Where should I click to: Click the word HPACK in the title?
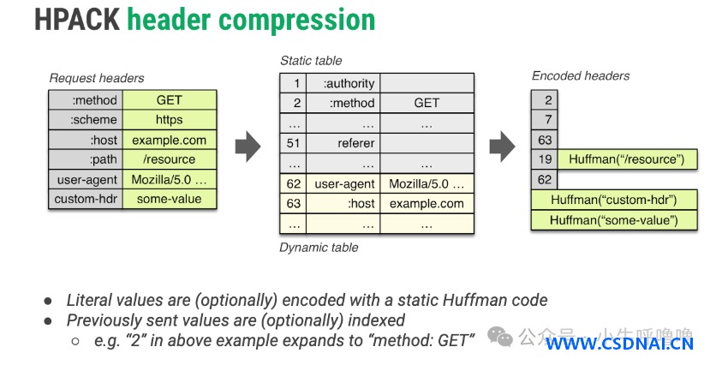click(77, 20)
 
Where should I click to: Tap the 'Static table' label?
click(311, 61)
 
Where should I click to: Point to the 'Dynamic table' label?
click(319, 248)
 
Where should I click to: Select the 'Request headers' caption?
click(97, 78)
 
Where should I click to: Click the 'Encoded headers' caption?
click(581, 76)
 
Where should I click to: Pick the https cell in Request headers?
click(170, 120)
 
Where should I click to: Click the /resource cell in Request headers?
click(170, 159)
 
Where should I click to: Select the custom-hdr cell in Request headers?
click(86, 199)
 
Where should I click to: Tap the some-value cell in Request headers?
click(170, 199)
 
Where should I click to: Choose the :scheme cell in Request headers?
click(86, 120)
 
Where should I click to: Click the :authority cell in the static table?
click(343, 84)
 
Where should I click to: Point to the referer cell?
click(343, 143)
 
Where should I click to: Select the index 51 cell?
click(293, 143)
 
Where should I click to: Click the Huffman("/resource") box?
click(628, 159)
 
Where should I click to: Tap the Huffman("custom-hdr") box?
click(614, 200)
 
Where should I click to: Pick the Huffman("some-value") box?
click(614, 220)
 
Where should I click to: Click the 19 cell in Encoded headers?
click(545, 159)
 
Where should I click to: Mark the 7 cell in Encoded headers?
click(545, 120)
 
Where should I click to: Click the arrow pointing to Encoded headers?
click(502, 147)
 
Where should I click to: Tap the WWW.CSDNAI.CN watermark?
click(620, 344)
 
